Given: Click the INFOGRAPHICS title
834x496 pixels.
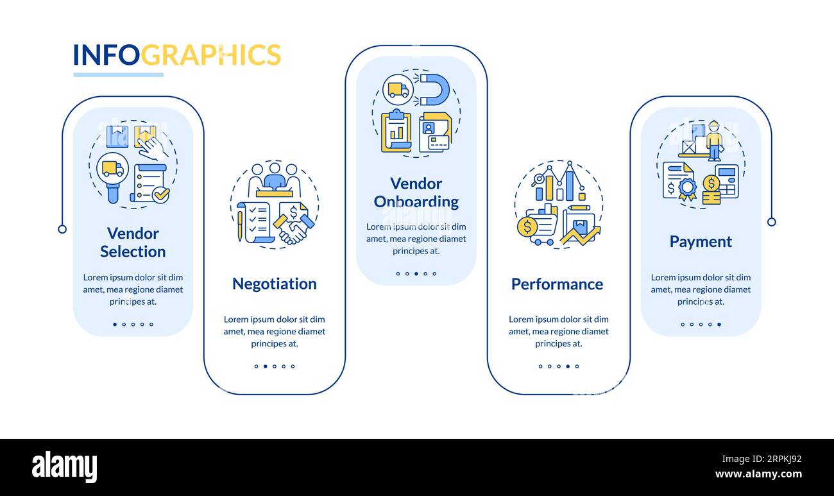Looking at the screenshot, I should coord(176,55).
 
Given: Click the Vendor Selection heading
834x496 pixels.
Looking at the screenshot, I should coord(133,243).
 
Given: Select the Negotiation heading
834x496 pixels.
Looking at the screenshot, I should coord(274,284).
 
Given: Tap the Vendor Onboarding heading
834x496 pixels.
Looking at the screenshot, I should coord(416,192).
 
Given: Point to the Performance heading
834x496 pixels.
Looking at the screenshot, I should coord(557,284).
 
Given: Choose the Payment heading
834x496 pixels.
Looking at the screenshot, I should coord(701,241).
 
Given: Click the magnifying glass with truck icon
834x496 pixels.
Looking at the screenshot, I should coord(112,171).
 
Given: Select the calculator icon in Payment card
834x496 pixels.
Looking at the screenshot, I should coord(727,180).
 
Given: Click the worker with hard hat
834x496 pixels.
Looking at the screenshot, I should coord(713,139).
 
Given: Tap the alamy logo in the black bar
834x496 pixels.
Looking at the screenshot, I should coord(64,467).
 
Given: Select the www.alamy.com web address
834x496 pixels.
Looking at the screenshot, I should coord(758,475).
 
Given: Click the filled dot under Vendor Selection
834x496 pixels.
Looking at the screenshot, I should coord(115,324).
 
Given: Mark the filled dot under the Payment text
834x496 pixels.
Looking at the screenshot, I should coord(719,324).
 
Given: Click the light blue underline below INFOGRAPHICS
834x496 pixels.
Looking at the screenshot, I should coord(118,75).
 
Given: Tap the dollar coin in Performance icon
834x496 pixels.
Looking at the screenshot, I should coord(527,226).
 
